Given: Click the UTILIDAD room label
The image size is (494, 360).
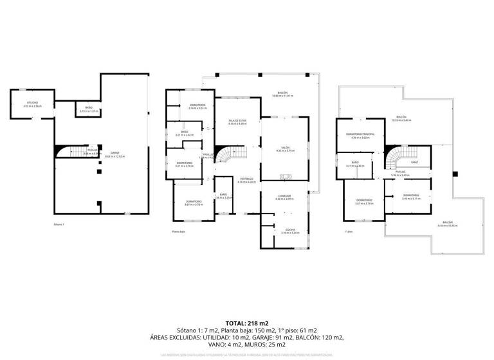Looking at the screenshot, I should click(x=32, y=104).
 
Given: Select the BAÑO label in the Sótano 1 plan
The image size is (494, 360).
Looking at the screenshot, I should click(x=89, y=109).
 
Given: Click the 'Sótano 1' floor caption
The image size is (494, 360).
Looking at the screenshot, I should click(x=59, y=224).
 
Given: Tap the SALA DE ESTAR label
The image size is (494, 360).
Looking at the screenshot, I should click(x=237, y=121).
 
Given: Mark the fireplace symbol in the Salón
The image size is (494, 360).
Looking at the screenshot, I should click(x=286, y=177).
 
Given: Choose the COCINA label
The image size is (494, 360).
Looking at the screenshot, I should click(x=284, y=230).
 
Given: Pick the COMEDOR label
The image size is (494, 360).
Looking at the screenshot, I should click(x=284, y=197).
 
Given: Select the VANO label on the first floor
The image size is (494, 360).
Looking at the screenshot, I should click(x=414, y=163).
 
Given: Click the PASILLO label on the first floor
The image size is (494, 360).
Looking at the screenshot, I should click(x=399, y=172).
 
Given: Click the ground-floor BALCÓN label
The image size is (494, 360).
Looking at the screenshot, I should click(x=282, y=93).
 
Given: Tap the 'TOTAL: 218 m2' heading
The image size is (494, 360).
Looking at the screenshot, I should click(x=247, y=323).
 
